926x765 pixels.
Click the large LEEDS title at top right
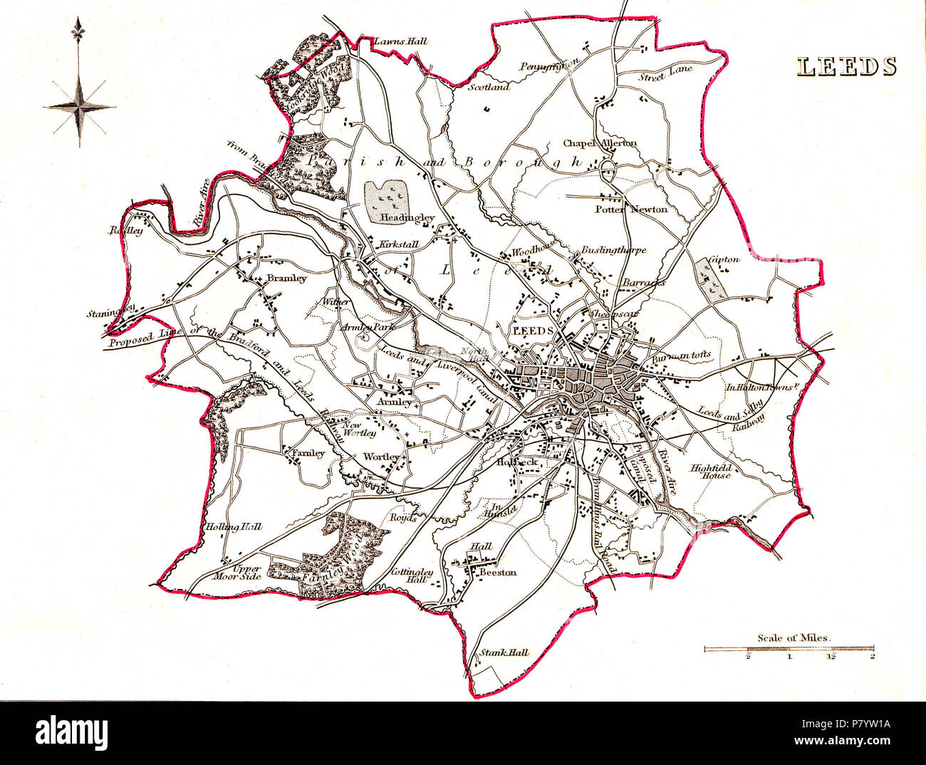coord(846,67)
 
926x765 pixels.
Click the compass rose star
coord(80,107)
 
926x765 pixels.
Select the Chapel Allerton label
coord(600,143)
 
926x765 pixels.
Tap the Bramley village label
coord(286,279)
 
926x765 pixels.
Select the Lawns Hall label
coord(400,41)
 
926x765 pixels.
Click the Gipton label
coord(725,259)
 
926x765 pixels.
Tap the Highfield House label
coord(710,472)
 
